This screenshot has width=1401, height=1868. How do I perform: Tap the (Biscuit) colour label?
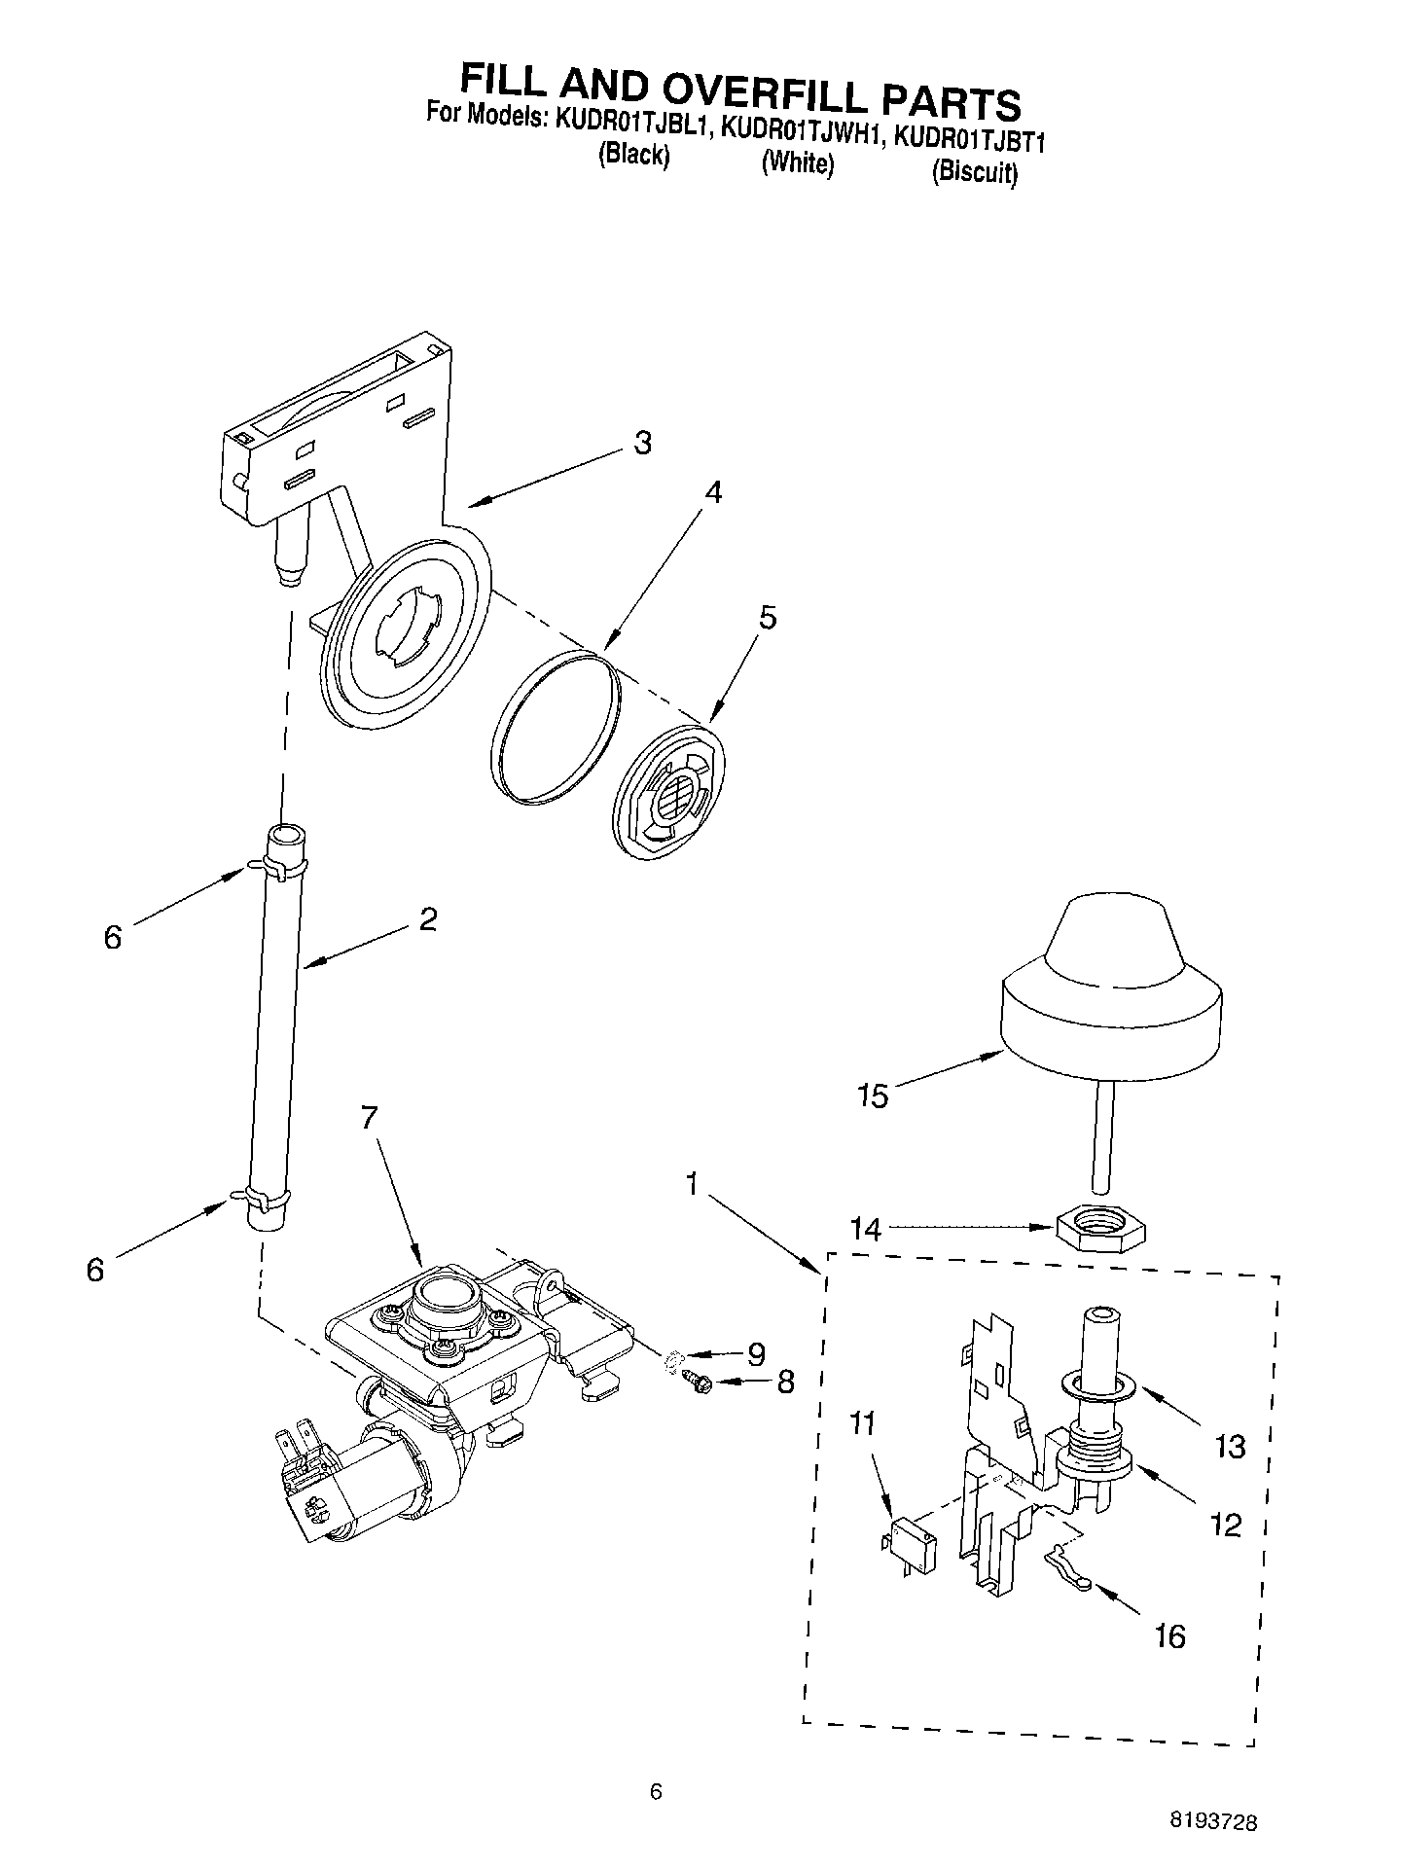point(974,172)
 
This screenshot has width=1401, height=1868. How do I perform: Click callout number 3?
point(642,443)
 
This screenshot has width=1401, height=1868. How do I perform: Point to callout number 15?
point(873,1096)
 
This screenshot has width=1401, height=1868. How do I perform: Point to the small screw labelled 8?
point(698,1380)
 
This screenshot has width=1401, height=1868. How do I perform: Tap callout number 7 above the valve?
point(369,1118)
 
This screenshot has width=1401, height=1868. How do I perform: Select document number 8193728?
point(1219,1821)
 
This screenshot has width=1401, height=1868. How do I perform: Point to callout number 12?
point(1227,1524)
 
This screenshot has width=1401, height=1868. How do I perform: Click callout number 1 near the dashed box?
point(692,1185)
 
